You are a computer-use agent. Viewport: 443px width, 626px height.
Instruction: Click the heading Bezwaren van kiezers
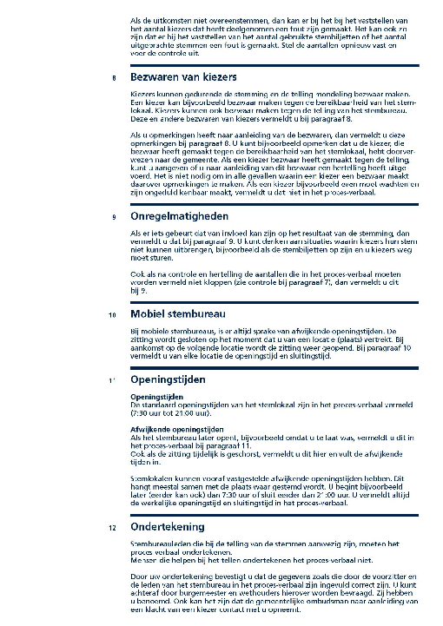(183, 78)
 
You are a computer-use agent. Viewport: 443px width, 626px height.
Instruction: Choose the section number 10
(111, 314)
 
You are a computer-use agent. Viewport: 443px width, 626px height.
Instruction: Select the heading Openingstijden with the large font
(168, 379)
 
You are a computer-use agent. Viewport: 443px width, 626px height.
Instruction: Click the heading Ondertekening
(168, 526)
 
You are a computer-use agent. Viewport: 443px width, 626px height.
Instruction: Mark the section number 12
(111, 527)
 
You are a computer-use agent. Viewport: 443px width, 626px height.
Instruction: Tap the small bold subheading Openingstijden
(156, 397)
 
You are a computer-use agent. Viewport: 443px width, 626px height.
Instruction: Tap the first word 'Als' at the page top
(136, 19)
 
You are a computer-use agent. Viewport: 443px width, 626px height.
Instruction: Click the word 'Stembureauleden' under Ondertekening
(157, 543)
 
